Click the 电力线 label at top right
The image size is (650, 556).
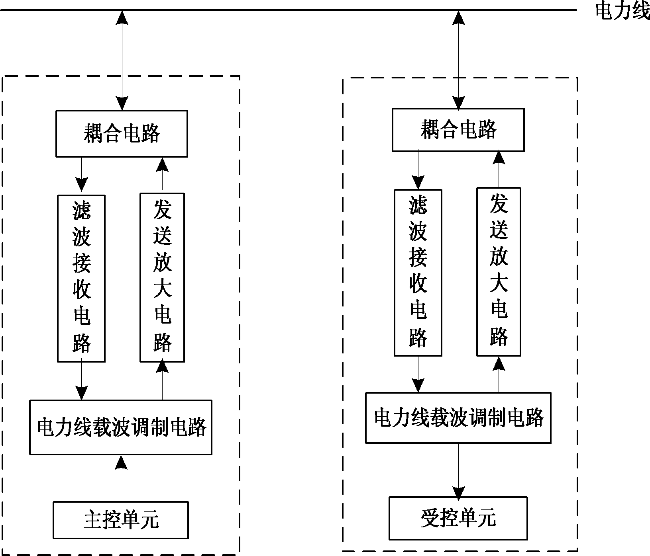click(x=622, y=11)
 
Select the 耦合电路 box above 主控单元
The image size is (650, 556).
click(x=122, y=134)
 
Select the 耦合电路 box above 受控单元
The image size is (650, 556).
click(x=458, y=130)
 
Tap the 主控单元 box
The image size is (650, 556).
click(x=121, y=520)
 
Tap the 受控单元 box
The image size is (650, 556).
click(x=458, y=518)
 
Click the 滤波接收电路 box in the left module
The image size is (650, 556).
click(x=81, y=278)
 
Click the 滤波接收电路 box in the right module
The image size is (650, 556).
click(x=418, y=273)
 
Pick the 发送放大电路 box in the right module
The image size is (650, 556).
click(x=499, y=272)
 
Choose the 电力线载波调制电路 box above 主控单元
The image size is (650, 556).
click(x=121, y=427)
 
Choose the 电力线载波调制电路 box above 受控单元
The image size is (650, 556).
click(x=458, y=418)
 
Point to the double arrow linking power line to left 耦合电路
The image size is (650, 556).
click(x=122, y=60)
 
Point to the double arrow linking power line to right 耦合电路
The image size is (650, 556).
click(x=458, y=60)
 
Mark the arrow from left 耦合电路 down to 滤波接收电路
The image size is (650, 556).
click(x=81, y=175)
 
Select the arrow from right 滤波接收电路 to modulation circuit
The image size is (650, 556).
click(x=418, y=374)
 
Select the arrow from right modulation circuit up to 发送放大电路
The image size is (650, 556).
click(x=499, y=374)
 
